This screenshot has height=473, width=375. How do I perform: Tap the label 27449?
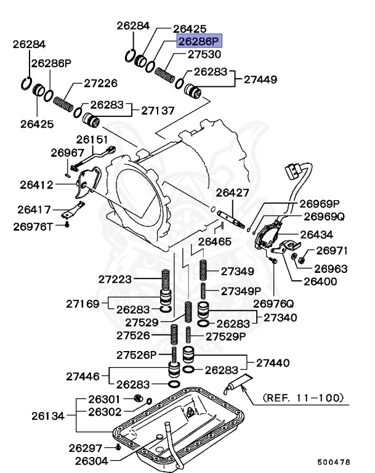(260, 79)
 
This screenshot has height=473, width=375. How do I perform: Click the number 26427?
(232, 193)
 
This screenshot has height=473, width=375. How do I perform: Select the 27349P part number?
(241, 290)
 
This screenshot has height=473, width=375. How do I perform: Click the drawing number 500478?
(335, 461)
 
